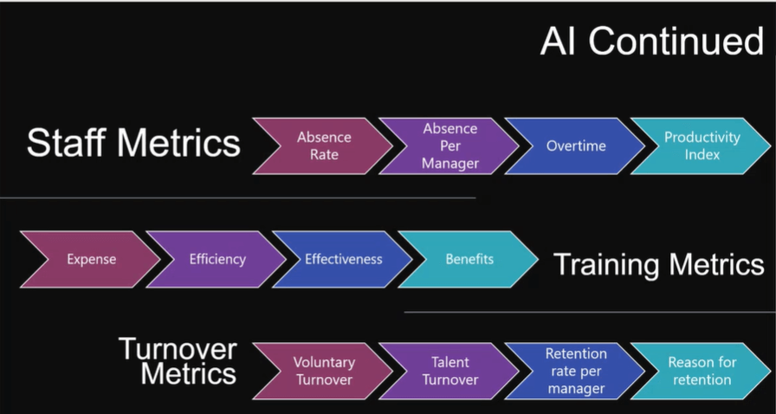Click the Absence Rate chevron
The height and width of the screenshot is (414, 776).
click(x=324, y=146)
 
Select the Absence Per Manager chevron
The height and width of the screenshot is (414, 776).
click(x=449, y=146)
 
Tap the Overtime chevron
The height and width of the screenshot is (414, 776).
click(x=576, y=146)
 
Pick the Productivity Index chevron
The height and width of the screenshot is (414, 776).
click(x=702, y=146)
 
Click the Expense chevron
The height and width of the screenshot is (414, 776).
click(x=92, y=260)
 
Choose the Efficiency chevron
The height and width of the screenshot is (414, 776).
click(x=217, y=260)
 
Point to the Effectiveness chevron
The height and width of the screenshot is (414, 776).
click(x=344, y=260)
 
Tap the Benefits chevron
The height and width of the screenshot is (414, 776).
click(x=469, y=260)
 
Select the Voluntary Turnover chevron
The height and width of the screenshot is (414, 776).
click(x=324, y=371)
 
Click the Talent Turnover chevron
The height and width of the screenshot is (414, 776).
click(x=449, y=371)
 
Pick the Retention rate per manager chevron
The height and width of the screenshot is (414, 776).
click(x=576, y=371)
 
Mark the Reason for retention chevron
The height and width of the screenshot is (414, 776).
click(x=702, y=371)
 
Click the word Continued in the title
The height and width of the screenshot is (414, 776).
click(x=676, y=41)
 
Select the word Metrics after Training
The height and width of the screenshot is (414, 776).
click(x=713, y=264)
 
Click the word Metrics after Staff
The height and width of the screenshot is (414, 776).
click(x=178, y=143)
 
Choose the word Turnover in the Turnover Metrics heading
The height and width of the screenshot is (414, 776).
click(x=178, y=349)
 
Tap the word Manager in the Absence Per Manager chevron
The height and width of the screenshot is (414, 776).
click(x=450, y=164)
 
